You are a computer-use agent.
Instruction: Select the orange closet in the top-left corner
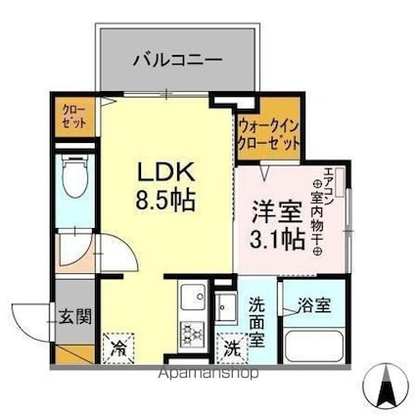[x=72, y=117]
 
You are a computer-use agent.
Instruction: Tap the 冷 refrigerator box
[x=117, y=346]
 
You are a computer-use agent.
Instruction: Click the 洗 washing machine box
[x=231, y=346]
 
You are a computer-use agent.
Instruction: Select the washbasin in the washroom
[x=225, y=302]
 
